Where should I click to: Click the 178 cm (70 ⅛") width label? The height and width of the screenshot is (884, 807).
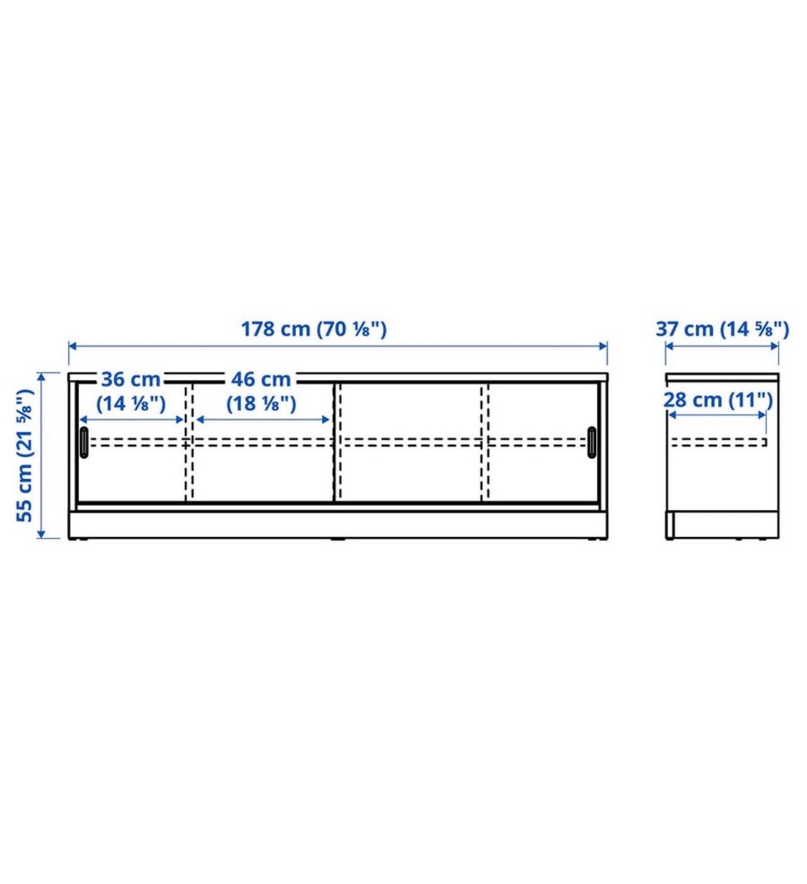(x=314, y=329)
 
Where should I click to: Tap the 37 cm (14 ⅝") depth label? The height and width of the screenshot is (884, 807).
(x=722, y=329)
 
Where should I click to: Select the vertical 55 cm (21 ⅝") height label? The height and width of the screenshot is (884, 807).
(x=25, y=455)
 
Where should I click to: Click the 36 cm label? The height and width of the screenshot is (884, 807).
(x=131, y=379)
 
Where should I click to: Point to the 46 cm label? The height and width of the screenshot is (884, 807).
(x=261, y=379)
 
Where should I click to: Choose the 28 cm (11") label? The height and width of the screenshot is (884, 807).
(x=718, y=400)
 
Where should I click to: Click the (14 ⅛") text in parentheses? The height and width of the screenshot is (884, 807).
(x=131, y=403)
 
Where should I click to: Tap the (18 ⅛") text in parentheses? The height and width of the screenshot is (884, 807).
(x=261, y=403)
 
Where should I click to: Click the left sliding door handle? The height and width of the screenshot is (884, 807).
(x=84, y=443)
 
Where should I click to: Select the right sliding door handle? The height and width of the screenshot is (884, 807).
(x=592, y=443)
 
